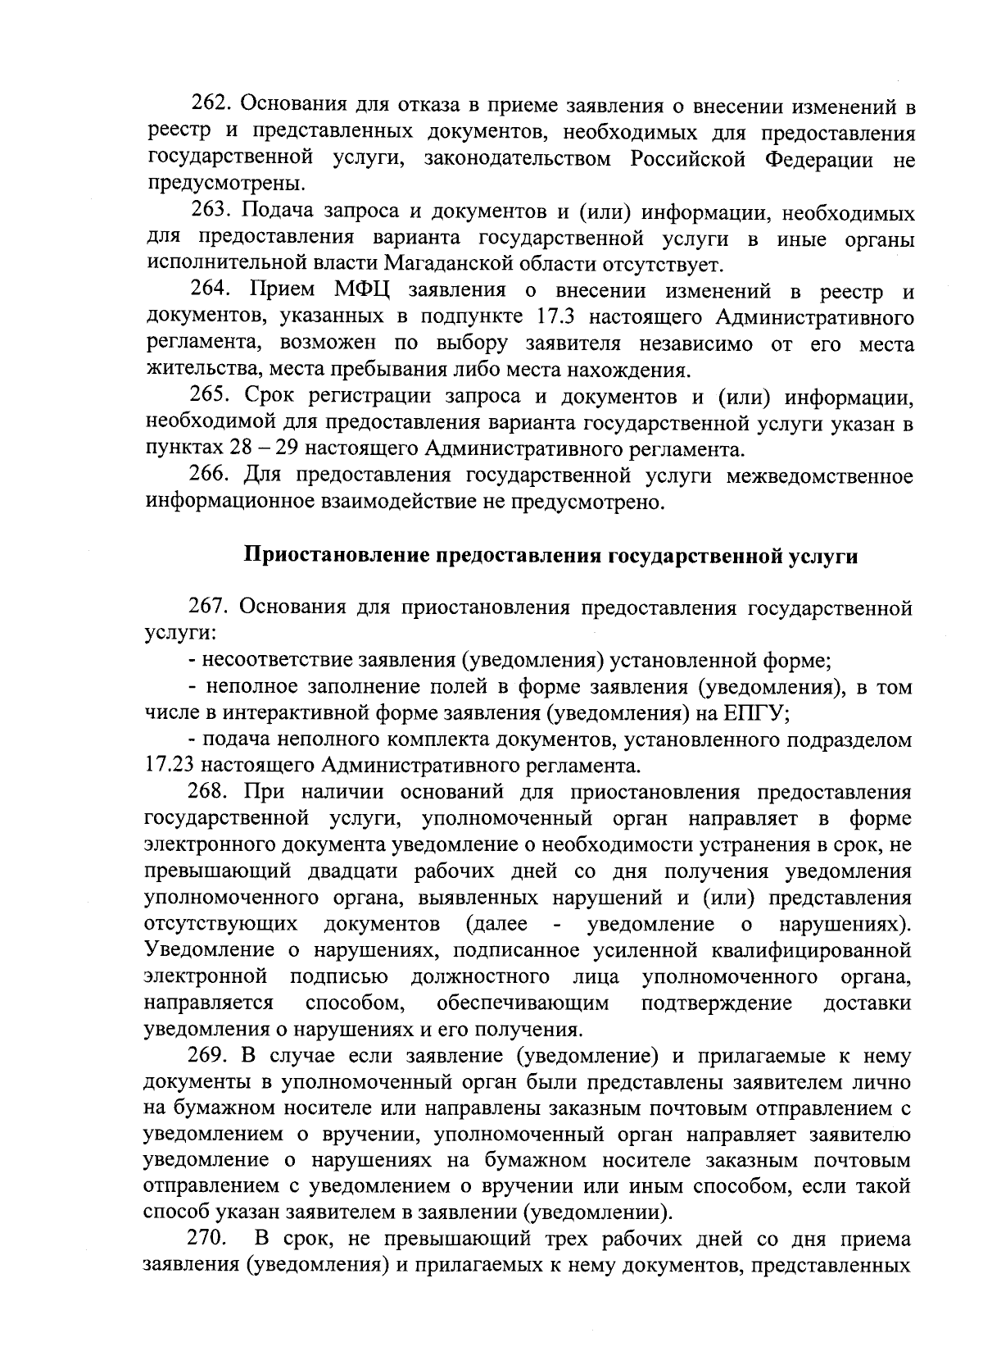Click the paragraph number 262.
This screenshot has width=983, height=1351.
pos(212,106)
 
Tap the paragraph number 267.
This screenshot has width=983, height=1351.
pos(211,607)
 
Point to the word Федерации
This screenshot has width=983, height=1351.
pos(819,159)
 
